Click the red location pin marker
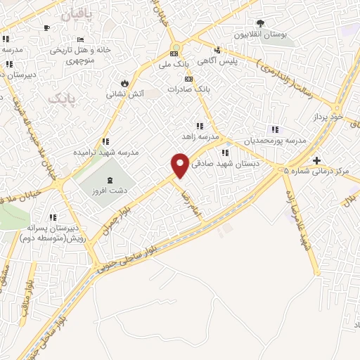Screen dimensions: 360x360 tap(181, 165)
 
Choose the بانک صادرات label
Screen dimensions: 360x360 tap(189, 90)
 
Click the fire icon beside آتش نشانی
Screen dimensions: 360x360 tap(124, 82)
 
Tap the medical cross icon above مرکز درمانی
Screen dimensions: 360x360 tap(317, 160)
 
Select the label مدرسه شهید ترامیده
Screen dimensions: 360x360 tap(106, 152)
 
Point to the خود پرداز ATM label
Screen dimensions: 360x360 tap(329, 117)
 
